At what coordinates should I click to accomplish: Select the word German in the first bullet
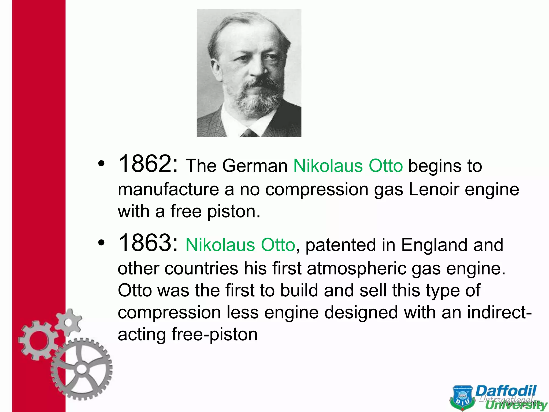click(255, 166)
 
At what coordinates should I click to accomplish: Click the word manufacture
click(168, 189)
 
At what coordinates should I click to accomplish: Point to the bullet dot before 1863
click(101, 243)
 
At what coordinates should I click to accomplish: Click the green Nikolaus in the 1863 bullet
click(220, 245)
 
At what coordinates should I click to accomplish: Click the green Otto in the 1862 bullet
click(386, 166)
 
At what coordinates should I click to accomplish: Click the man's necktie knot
click(249, 133)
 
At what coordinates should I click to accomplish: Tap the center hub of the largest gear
click(81, 369)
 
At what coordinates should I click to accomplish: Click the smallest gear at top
click(69, 322)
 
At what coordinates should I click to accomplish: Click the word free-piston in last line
click(214, 334)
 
